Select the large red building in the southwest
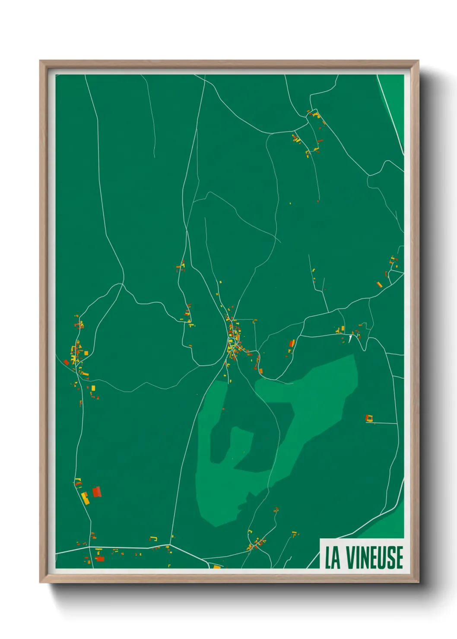(97, 491)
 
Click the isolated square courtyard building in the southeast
(369, 418)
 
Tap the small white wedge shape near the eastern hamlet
(350, 339)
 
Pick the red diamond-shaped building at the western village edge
(66, 362)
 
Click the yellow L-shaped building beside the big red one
(85, 498)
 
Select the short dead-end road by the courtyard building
(382, 423)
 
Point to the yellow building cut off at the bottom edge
(217, 567)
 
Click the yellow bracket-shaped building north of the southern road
(153, 539)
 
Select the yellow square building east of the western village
(86, 353)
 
